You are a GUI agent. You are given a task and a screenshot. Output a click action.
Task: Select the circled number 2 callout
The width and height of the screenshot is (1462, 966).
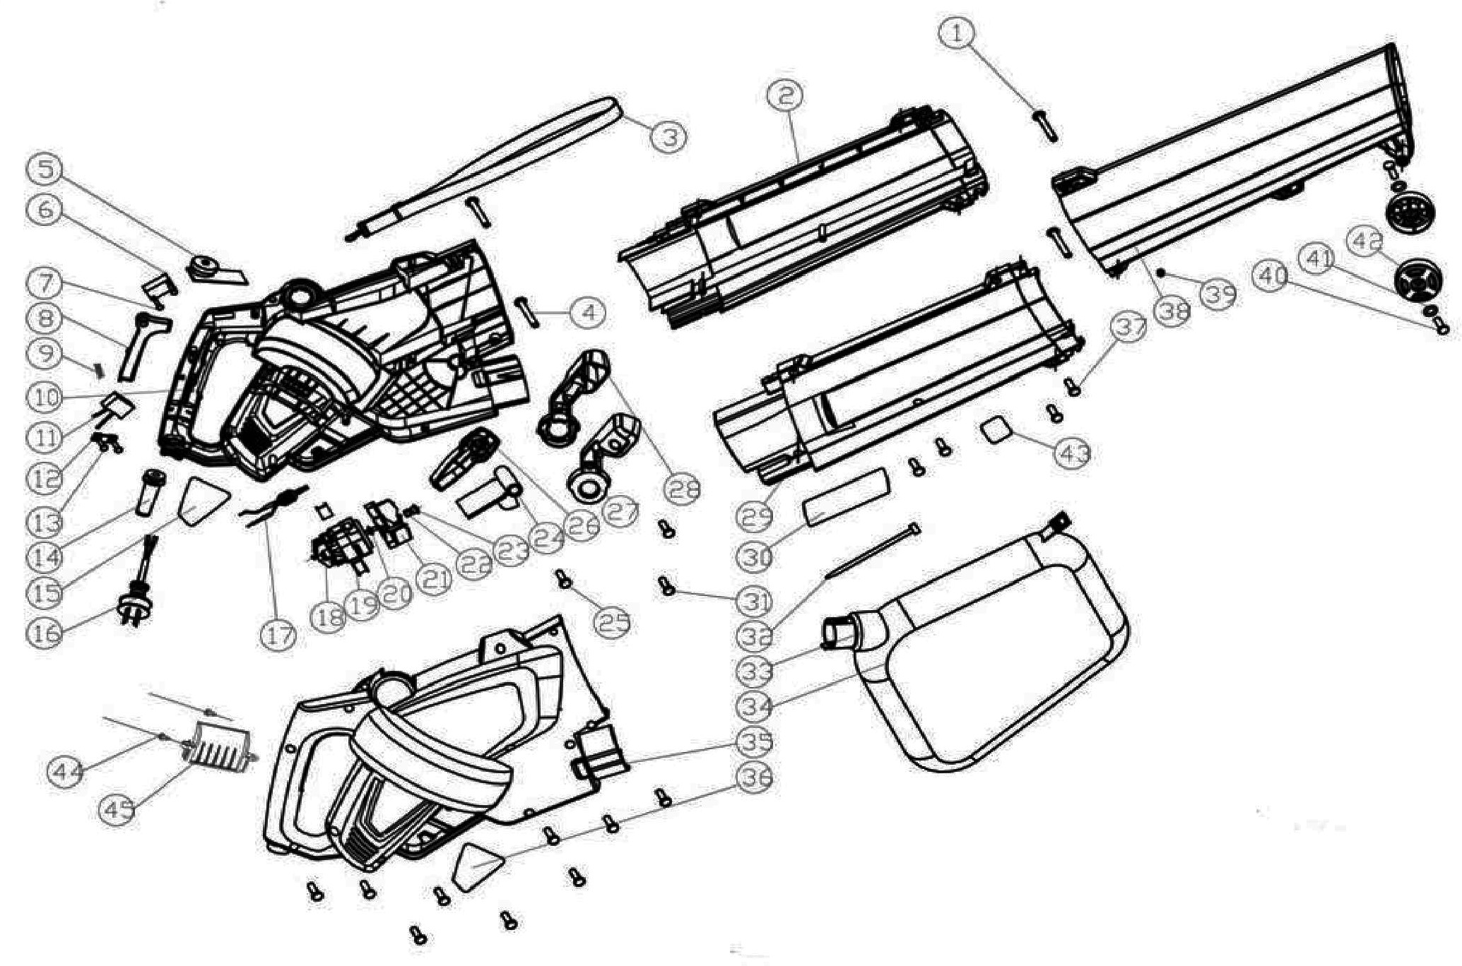point(786,95)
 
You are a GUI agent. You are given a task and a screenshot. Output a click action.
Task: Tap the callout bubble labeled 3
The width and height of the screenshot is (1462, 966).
point(668,136)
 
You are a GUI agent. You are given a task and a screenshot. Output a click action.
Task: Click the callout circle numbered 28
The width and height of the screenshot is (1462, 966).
point(683,489)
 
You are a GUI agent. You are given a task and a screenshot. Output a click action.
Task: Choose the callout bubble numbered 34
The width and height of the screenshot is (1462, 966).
point(755,705)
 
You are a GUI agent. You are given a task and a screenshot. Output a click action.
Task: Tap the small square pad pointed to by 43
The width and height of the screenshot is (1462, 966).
point(994,429)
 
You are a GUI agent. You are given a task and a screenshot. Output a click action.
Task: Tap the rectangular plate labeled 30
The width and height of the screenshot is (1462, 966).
point(844,498)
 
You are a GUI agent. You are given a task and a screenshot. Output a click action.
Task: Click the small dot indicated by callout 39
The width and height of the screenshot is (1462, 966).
point(1160,270)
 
